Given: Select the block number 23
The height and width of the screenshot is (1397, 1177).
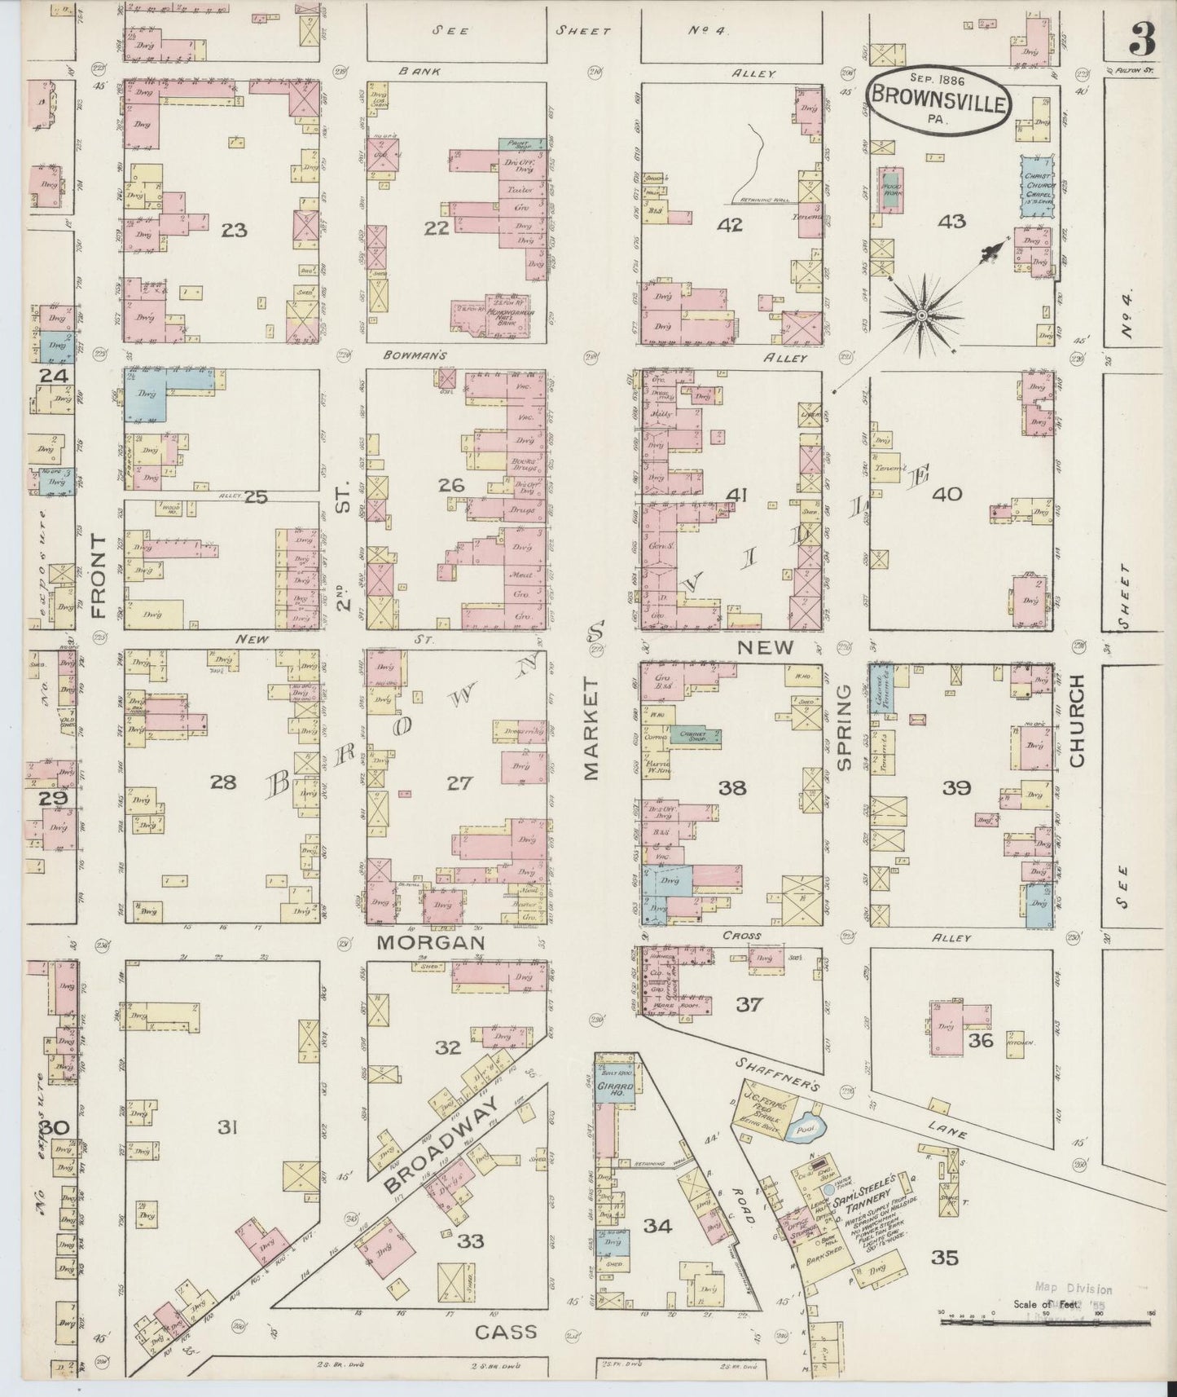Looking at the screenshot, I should (x=234, y=231).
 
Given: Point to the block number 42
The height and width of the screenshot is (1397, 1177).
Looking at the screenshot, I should (x=730, y=225).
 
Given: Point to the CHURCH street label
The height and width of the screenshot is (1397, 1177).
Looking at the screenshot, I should (x=1078, y=721).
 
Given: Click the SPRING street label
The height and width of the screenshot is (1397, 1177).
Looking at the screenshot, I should (x=844, y=726).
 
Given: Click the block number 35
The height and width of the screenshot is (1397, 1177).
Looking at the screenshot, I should (x=945, y=1257).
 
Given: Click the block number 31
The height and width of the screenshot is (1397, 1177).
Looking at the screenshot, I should (x=228, y=1128).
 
